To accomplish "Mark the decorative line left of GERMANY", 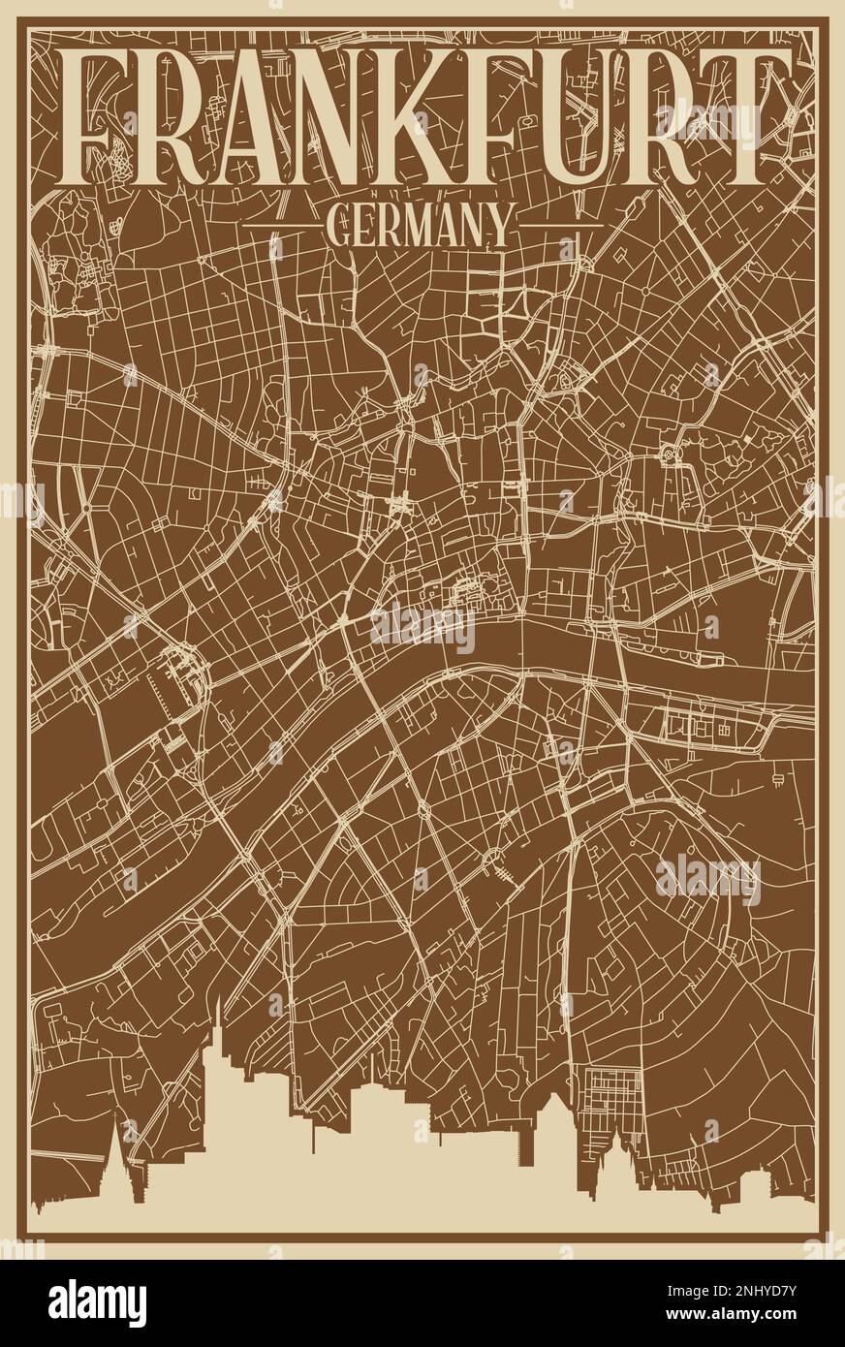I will coord(281,225).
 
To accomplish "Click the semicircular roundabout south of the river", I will coord(492,858).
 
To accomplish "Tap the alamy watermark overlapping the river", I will coord(423,628).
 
